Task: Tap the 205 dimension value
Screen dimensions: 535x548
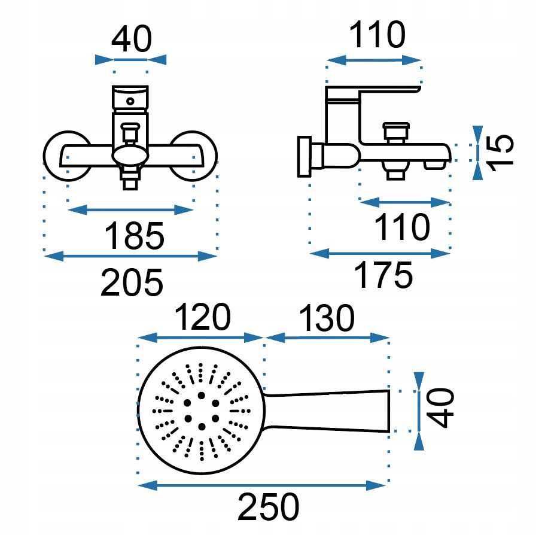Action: point(132,282)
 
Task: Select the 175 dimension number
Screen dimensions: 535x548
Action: point(383,275)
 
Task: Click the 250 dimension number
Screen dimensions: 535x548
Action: point(268,507)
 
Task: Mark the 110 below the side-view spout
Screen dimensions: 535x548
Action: point(401,227)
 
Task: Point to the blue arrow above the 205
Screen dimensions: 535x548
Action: point(130,256)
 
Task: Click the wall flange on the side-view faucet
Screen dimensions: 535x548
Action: point(303,157)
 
